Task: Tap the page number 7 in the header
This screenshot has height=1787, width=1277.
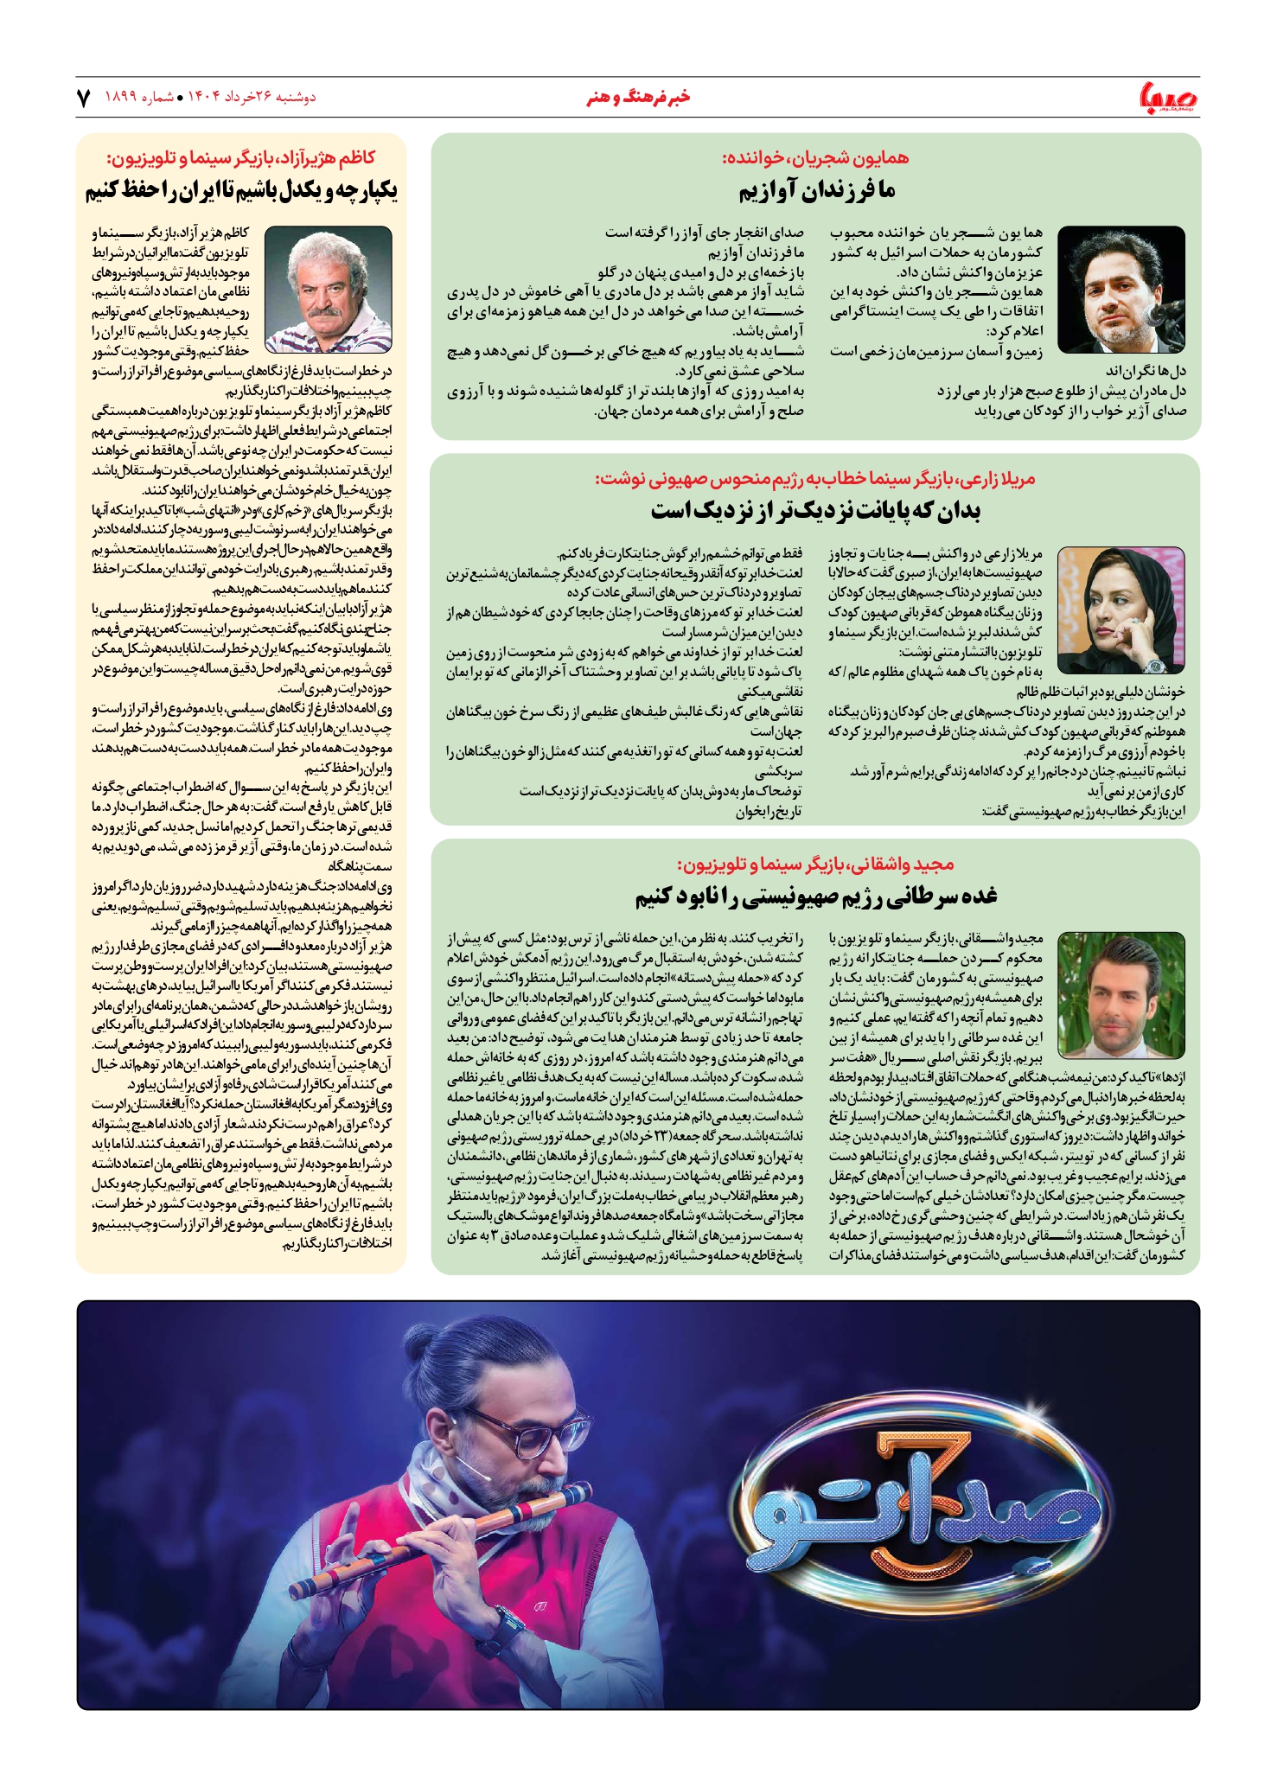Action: pos(84,98)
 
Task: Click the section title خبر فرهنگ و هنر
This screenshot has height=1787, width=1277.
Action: pos(638,97)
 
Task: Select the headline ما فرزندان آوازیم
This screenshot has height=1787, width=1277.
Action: pos(816,190)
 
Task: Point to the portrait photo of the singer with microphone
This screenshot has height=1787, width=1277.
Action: pos(1121,289)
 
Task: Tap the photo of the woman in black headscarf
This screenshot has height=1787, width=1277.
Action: pos(1121,609)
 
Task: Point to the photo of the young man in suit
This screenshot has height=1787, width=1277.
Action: pos(1121,994)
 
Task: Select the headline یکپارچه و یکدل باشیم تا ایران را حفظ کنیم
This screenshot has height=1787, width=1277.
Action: pos(241,190)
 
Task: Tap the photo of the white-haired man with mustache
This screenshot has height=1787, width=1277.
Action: pos(328,289)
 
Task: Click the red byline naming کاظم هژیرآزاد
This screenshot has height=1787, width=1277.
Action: pos(241,158)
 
